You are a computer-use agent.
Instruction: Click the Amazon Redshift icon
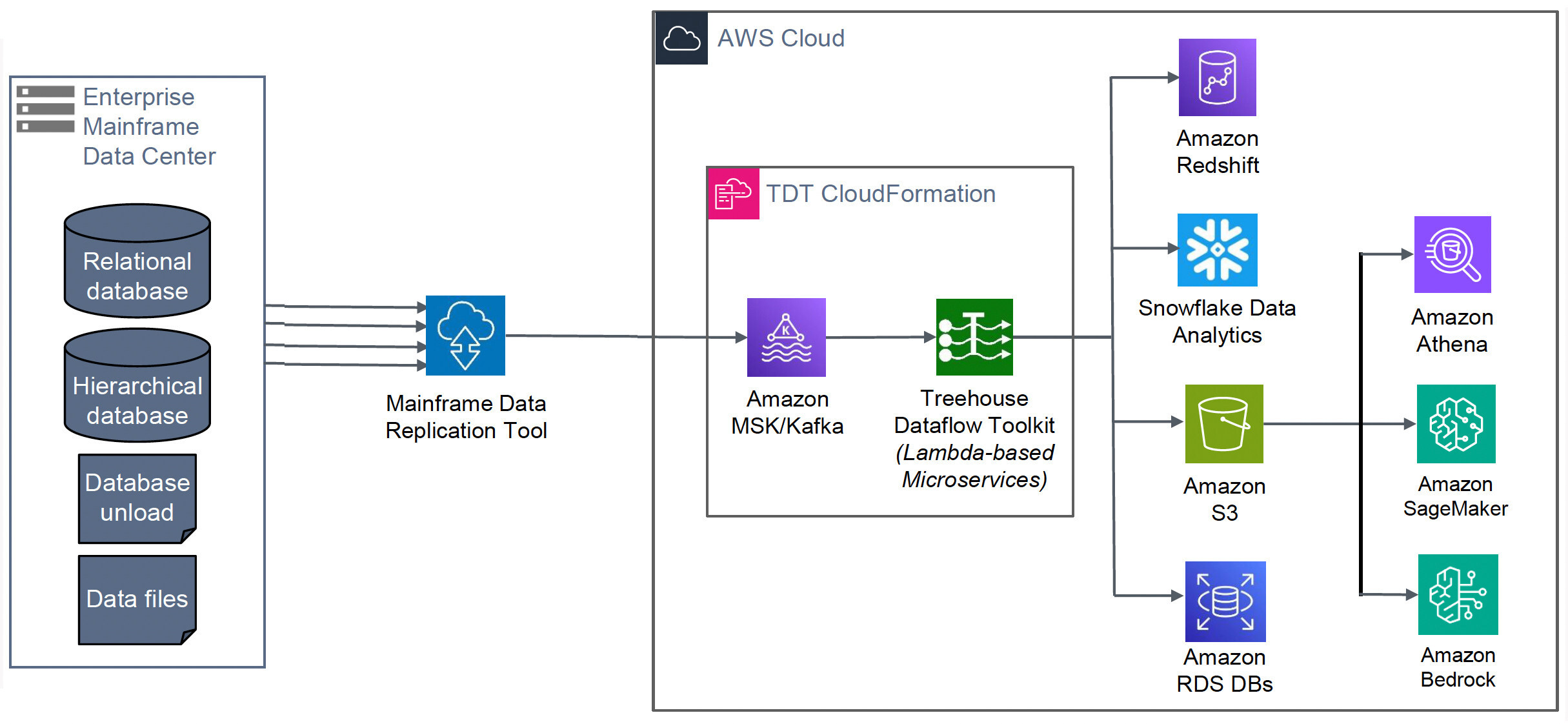click(1217, 77)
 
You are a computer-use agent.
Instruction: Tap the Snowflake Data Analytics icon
click(1217, 250)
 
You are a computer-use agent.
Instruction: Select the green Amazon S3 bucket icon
click(1224, 424)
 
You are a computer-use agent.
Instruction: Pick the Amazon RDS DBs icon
click(1225, 601)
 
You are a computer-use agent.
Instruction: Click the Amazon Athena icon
click(1452, 254)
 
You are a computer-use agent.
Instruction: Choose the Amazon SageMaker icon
click(1456, 424)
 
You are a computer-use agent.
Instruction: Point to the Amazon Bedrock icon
click(1458, 594)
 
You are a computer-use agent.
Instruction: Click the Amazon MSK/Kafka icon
click(786, 337)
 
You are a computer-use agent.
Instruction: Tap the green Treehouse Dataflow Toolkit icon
click(974, 337)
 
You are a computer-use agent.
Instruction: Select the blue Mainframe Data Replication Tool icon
click(465, 336)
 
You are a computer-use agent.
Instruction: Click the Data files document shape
click(137, 599)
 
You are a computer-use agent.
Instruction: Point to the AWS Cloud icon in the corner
click(681, 38)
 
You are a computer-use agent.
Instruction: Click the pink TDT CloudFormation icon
click(733, 194)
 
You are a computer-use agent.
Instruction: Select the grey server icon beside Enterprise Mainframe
click(45, 108)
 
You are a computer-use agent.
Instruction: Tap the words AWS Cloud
click(781, 38)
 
